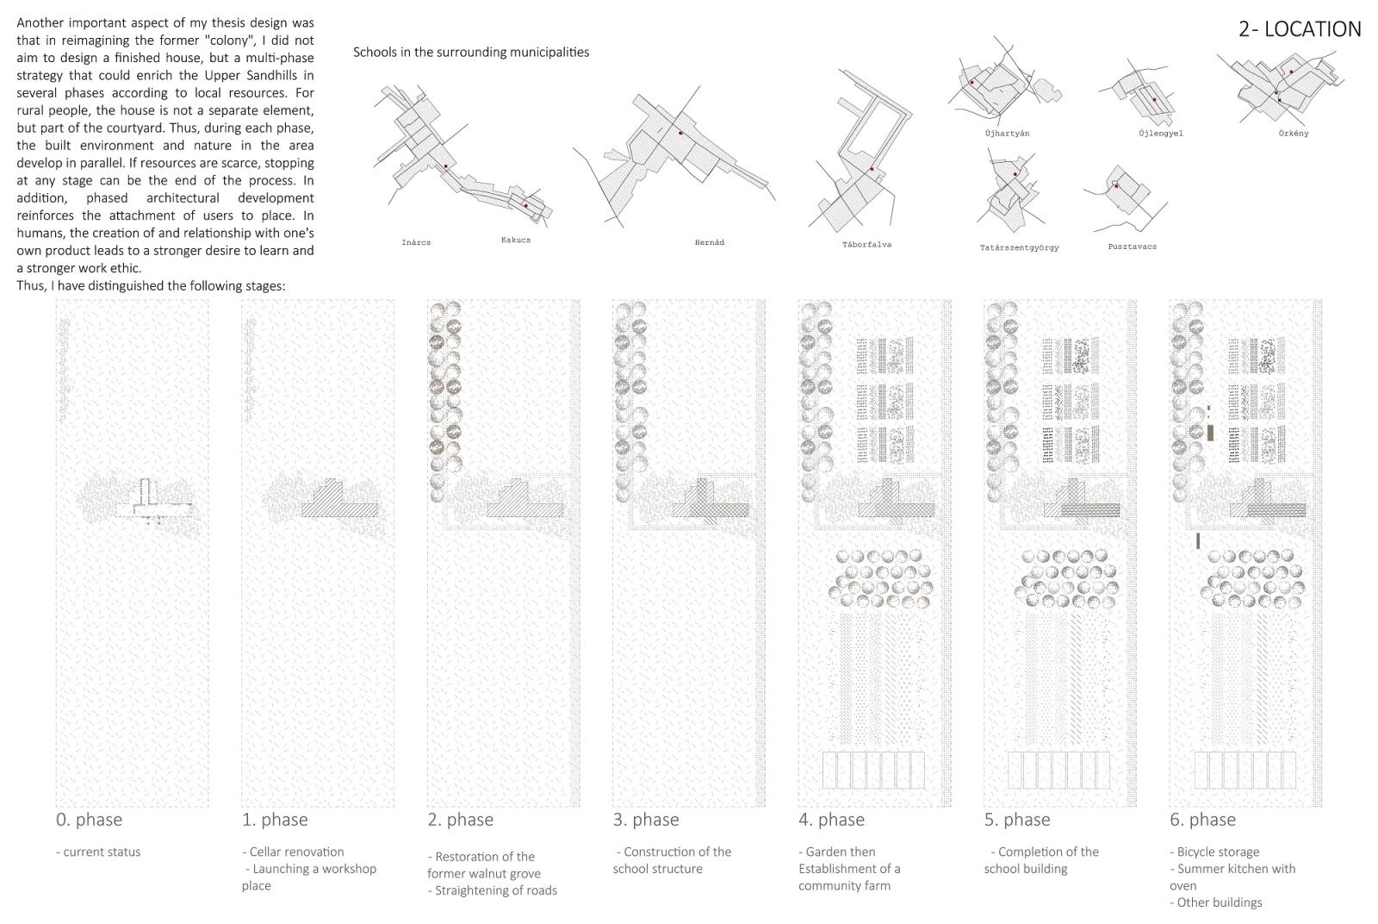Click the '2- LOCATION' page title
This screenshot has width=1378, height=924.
click(x=1299, y=29)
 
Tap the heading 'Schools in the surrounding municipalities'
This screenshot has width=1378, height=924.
click(x=471, y=53)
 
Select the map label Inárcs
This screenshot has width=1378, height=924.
click(x=416, y=243)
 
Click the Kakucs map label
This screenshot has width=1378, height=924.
click(x=516, y=240)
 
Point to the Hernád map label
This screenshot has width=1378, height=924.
click(x=709, y=243)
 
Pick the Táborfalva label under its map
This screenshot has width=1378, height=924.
click(x=866, y=245)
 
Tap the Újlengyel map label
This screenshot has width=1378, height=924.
click(x=1160, y=134)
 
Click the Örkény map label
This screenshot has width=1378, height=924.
click(x=1294, y=134)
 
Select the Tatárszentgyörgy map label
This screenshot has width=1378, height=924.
click(x=1019, y=248)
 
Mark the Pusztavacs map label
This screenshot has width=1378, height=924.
click(x=1132, y=247)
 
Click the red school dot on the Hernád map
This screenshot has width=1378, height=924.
click(x=680, y=134)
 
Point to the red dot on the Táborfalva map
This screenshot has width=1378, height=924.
click(x=872, y=169)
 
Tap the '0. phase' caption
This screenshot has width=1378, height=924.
click(x=89, y=820)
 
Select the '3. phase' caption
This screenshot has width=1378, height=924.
click(x=645, y=820)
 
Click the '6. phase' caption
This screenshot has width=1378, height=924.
click(x=1202, y=820)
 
